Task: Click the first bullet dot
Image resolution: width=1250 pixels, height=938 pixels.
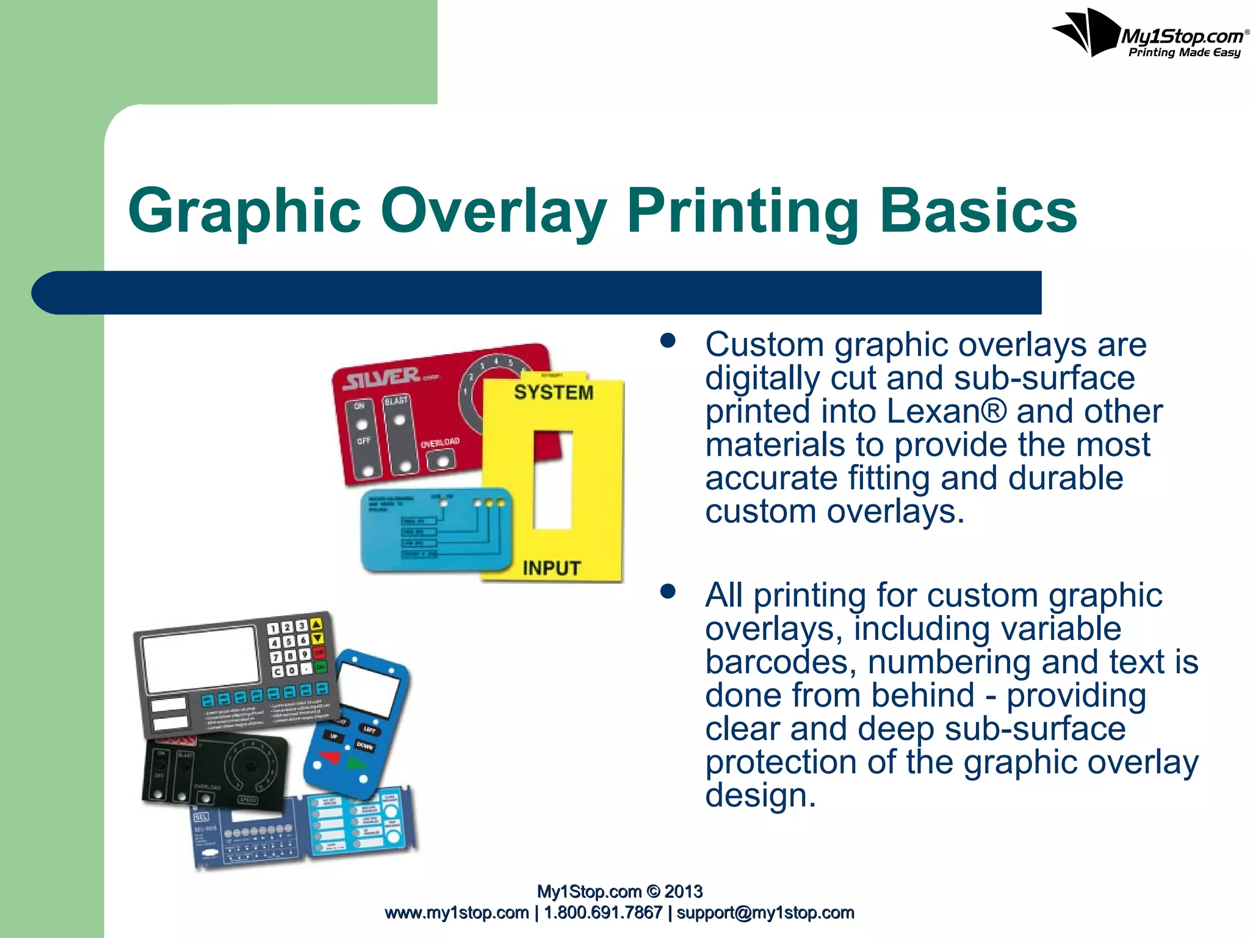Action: pyautogui.click(x=668, y=341)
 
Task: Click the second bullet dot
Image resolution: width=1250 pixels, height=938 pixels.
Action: pyautogui.click(x=668, y=591)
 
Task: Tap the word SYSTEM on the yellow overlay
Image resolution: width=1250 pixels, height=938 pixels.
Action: pyautogui.click(x=554, y=392)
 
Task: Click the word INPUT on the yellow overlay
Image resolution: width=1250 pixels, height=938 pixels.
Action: pyautogui.click(x=551, y=569)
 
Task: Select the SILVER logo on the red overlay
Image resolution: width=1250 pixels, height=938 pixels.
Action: pyautogui.click(x=382, y=379)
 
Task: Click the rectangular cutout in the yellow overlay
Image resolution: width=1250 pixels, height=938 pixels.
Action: pyautogui.click(x=553, y=480)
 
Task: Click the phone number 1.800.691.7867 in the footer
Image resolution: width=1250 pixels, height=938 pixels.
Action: pyautogui.click(x=603, y=913)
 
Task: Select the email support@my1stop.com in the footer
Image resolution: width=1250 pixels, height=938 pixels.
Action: pyautogui.click(x=765, y=913)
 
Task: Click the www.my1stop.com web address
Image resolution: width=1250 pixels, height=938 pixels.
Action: pyautogui.click(x=457, y=913)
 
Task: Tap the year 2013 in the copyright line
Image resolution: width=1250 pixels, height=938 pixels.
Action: pyautogui.click(x=684, y=892)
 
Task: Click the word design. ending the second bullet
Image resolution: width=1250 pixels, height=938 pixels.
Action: pyautogui.click(x=760, y=796)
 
